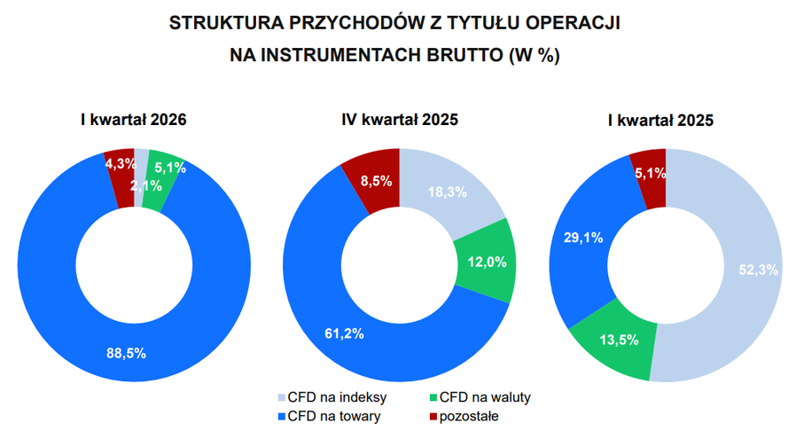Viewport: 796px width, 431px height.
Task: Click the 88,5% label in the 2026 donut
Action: click(x=126, y=353)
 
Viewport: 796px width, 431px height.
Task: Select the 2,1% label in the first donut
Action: click(x=145, y=185)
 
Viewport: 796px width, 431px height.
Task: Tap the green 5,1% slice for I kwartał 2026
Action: click(x=169, y=166)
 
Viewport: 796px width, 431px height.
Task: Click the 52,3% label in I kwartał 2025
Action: click(x=759, y=270)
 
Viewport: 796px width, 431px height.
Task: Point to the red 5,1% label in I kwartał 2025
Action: click(x=650, y=173)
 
